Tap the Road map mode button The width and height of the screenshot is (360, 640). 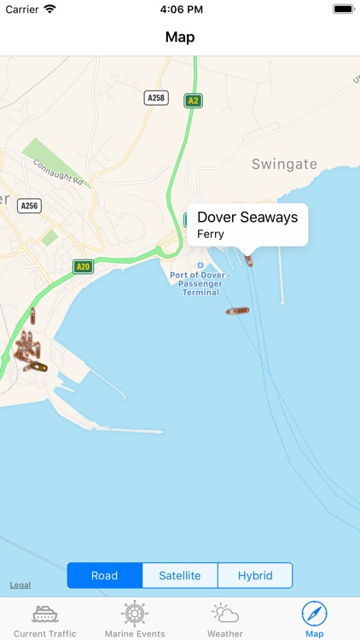click(105, 575)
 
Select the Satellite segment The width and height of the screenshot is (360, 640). click(180, 575)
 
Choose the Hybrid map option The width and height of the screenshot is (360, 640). click(255, 575)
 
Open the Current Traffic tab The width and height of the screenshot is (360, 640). click(45, 620)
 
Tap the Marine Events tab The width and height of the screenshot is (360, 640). click(135, 620)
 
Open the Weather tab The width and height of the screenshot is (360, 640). click(225, 620)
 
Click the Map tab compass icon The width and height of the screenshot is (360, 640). click(315, 614)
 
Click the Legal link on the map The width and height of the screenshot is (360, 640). click(20, 585)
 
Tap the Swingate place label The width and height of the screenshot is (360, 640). click(284, 164)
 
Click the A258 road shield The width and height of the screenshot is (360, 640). click(156, 98)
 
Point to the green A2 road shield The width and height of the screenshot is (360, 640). click(194, 101)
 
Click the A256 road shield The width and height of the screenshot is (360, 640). click(30, 206)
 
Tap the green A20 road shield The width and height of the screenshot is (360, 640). click(83, 266)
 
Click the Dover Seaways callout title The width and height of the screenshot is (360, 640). click(247, 217)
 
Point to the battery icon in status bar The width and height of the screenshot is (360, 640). click(343, 9)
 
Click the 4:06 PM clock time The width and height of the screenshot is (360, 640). click(180, 9)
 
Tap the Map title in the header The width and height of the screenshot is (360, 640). click(180, 37)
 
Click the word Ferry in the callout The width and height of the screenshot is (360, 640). click(211, 234)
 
